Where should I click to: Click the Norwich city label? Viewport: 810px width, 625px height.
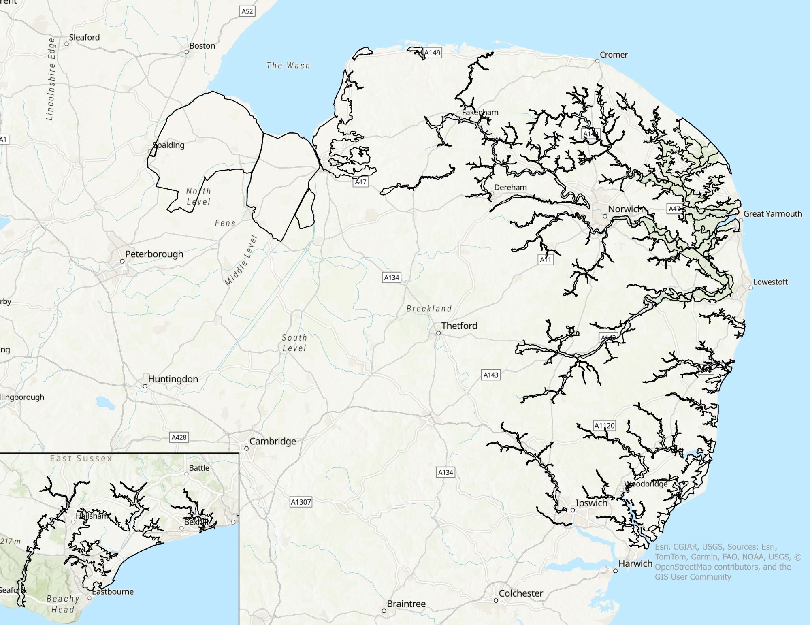coord(625,209)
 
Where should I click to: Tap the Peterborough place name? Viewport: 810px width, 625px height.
coord(154,254)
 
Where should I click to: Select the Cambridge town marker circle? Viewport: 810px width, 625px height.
coord(246,448)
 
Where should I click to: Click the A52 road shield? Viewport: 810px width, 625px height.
coord(247,11)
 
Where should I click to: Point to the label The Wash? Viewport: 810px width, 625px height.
coord(288,66)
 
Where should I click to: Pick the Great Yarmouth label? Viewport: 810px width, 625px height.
coord(772,214)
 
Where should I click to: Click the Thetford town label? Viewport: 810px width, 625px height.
coord(459,326)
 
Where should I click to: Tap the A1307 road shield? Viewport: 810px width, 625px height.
coord(301,502)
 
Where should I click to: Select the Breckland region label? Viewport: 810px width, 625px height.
coord(429,309)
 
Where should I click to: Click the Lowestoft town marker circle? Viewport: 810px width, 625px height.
coord(750,288)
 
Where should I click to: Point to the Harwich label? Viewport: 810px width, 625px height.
coord(635,563)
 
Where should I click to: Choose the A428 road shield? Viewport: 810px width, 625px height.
coord(179,437)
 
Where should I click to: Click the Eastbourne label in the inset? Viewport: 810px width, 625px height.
coord(113,591)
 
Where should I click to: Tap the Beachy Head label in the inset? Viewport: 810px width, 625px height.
coord(63,604)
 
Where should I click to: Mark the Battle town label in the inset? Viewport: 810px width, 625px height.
coord(199,468)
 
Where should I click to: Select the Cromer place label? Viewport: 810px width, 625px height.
coord(613,55)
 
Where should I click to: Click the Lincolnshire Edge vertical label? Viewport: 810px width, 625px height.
coord(51,79)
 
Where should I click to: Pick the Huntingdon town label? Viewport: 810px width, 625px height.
coord(173,379)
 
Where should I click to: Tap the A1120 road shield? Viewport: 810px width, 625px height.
coord(604,426)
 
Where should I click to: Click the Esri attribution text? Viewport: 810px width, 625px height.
coord(727,561)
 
